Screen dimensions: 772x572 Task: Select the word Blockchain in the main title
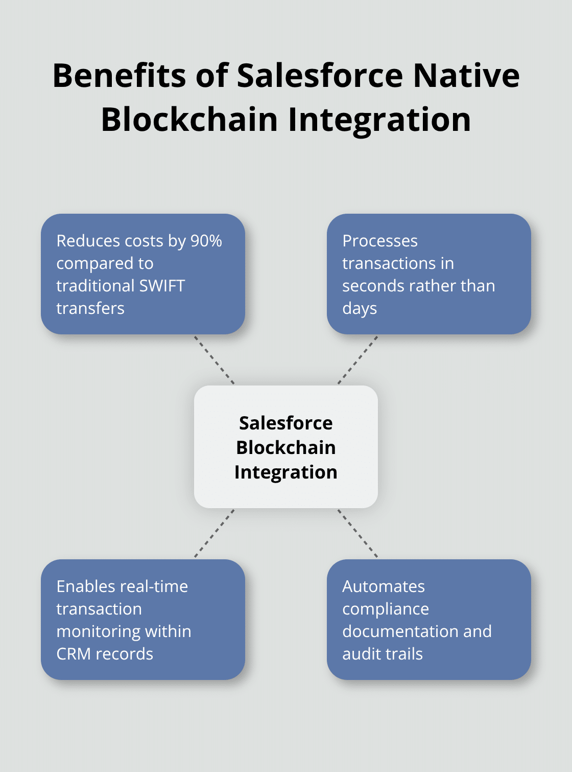pos(189,120)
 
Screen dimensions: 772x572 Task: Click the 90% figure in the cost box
pos(206,241)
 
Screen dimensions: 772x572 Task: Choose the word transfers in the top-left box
pos(90,308)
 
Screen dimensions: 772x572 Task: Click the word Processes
pos(380,241)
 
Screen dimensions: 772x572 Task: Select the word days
pos(360,309)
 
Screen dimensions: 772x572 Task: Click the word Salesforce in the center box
pos(285,423)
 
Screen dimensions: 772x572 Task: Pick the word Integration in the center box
pos(285,472)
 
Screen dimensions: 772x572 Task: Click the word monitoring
pos(91,631)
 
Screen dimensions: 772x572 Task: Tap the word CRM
pos(74,654)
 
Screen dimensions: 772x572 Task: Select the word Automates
pos(383,586)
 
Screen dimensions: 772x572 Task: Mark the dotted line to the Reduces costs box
pos(214,360)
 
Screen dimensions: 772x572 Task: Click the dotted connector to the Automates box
pos(357,533)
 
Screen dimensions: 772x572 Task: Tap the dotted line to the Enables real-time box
pos(214,533)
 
